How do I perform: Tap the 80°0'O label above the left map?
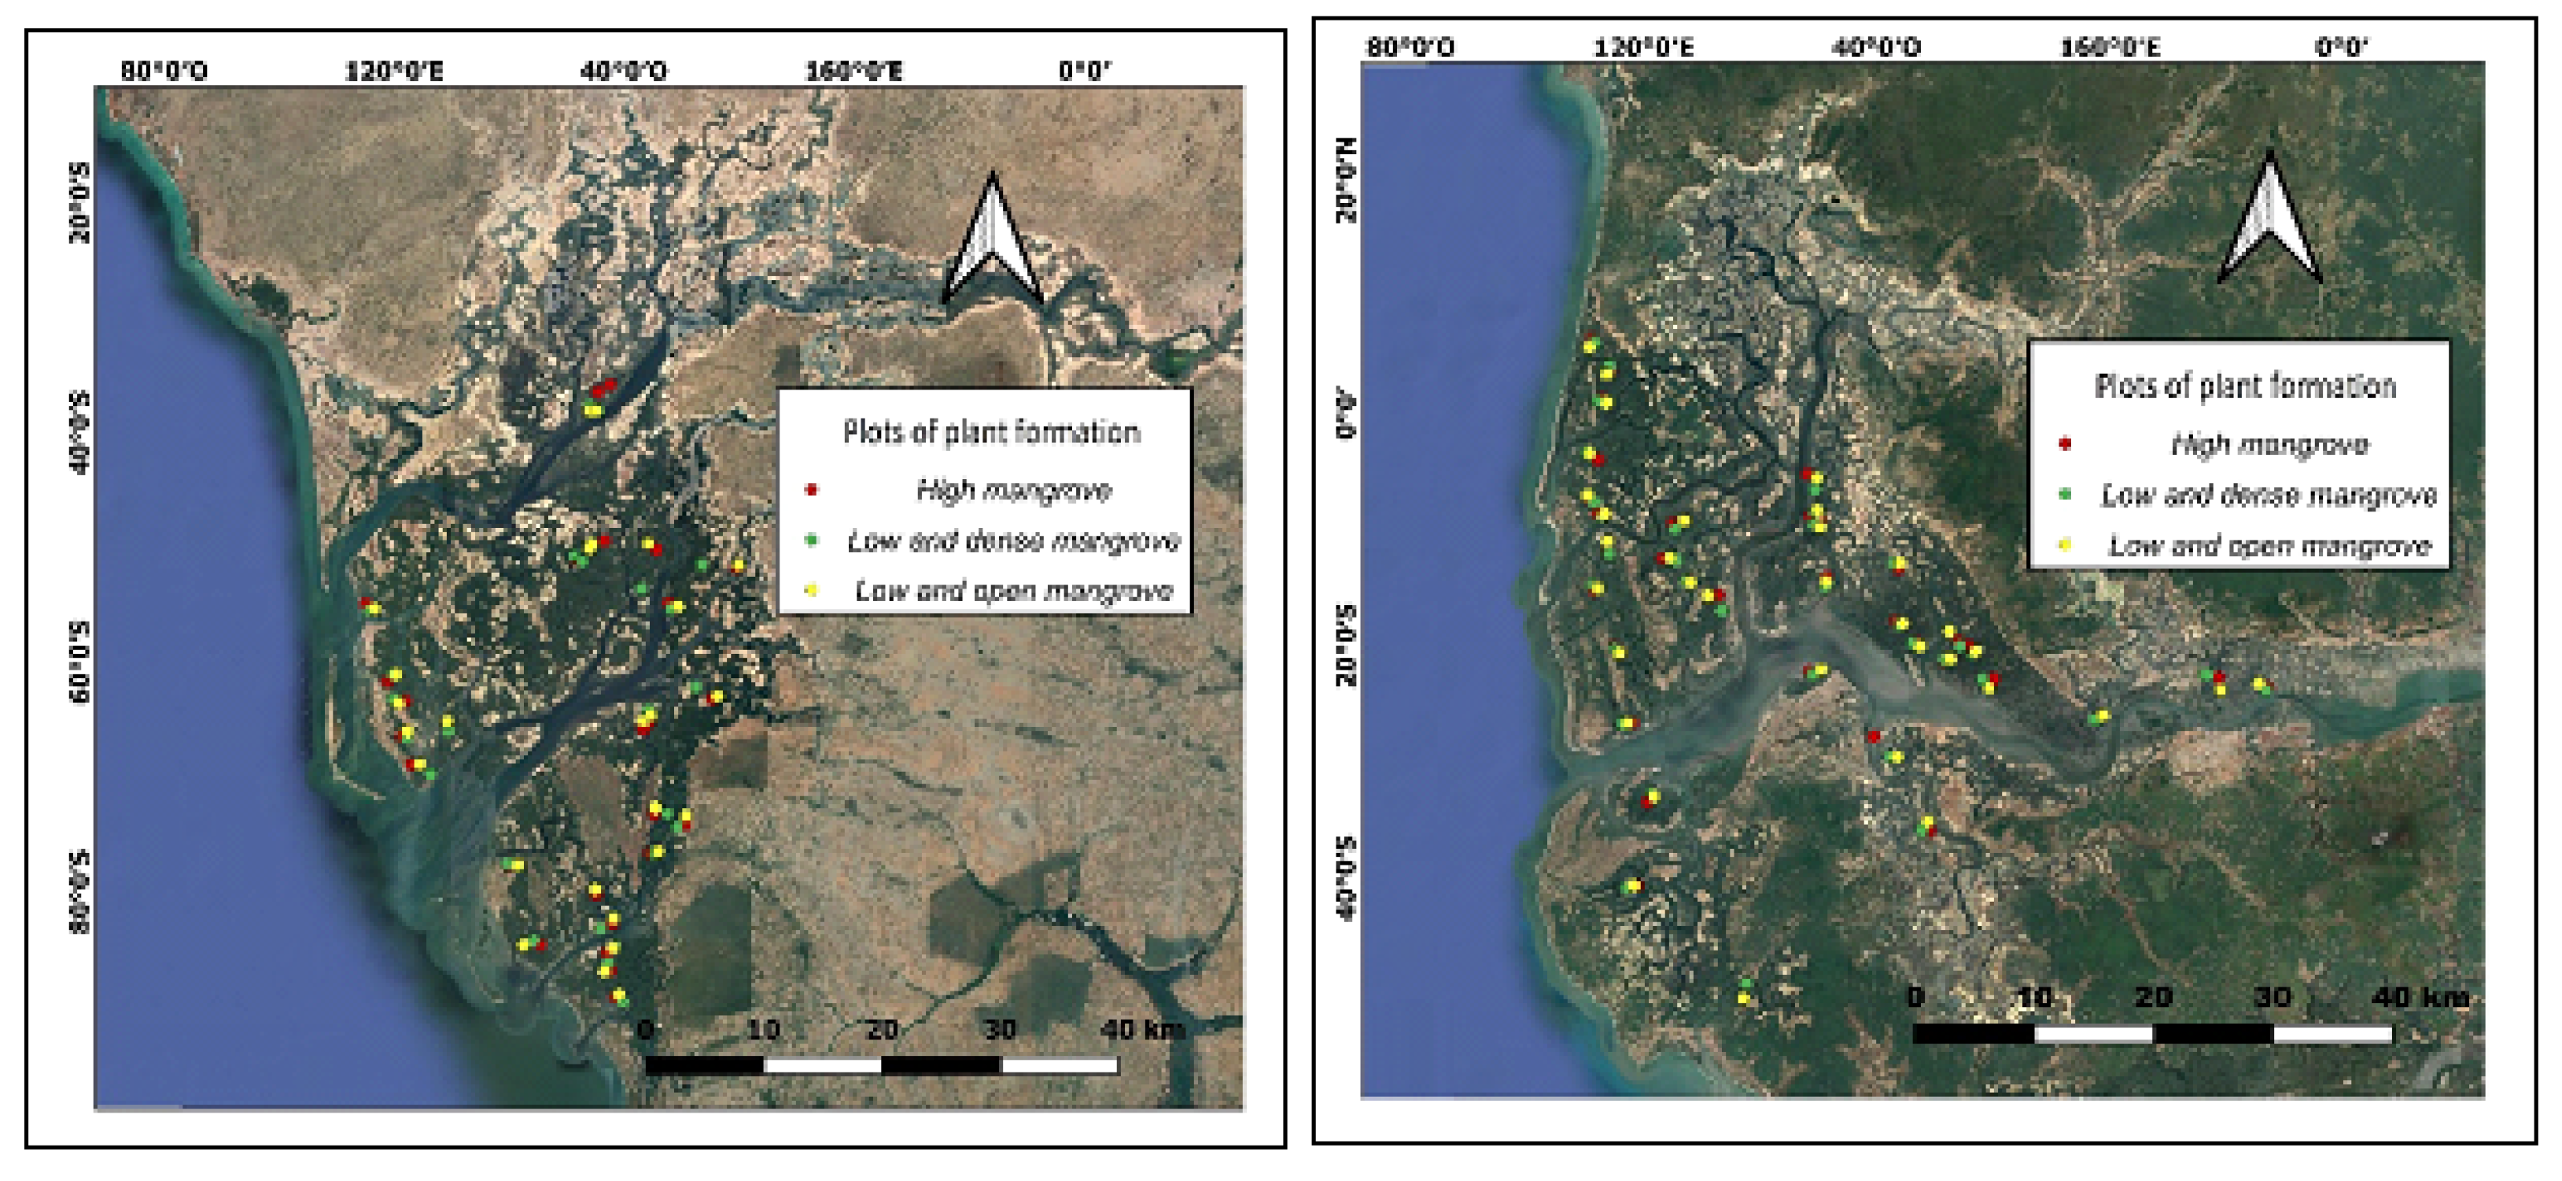coord(164,72)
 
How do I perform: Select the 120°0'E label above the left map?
coord(395,72)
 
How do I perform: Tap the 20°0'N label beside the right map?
coord(1346,180)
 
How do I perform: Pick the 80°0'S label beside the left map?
coord(79,892)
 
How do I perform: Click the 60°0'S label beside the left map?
coord(79,662)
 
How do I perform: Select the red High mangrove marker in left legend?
coord(812,489)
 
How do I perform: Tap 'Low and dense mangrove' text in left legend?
coord(1013,541)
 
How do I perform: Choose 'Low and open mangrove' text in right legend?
coord(2269,545)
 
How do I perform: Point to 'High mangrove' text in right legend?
coord(2269,445)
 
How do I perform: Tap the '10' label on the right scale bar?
coord(2034,997)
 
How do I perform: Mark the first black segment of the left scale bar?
coord(704,1065)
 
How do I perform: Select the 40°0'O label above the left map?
coord(625,72)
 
